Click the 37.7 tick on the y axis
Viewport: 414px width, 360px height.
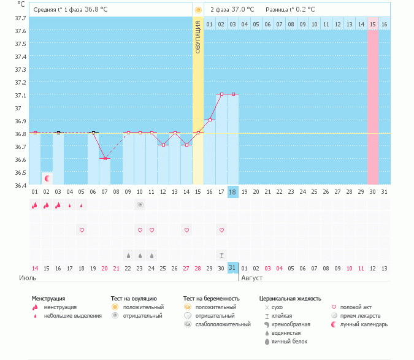pyautogui.click(x=20, y=18)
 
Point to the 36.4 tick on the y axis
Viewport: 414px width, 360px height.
pyautogui.click(x=20, y=185)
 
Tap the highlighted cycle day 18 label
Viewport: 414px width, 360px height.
pyautogui.click(x=232, y=192)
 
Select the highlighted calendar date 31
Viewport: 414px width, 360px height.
pyautogui.click(x=232, y=268)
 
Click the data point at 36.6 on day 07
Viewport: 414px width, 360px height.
pyautogui.click(x=105, y=159)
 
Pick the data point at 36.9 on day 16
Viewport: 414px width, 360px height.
pyautogui.click(x=210, y=120)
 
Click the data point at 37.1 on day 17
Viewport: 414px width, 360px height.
pyautogui.click(x=221, y=94)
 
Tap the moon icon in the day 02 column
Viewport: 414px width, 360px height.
pyautogui.click(x=47, y=178)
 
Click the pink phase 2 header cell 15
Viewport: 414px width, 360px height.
pyautogui.click(x=372, y=24)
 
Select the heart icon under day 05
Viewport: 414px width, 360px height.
pyautogui.click(x=82, y=230)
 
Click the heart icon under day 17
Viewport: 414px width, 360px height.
pyautogui.click(x=221, y=230)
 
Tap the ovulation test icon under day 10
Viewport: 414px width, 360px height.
pyautogui.click(x=140, y=205)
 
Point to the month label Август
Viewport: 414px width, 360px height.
pyautogui.click(x=253, y=278)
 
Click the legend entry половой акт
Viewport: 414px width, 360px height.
pyautogui.click(x=356, y=307)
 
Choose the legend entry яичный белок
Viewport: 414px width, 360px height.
pyautogui.click(x=290, y=341)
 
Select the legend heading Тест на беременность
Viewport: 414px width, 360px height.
pyautogui.click(x=211, y=298)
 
